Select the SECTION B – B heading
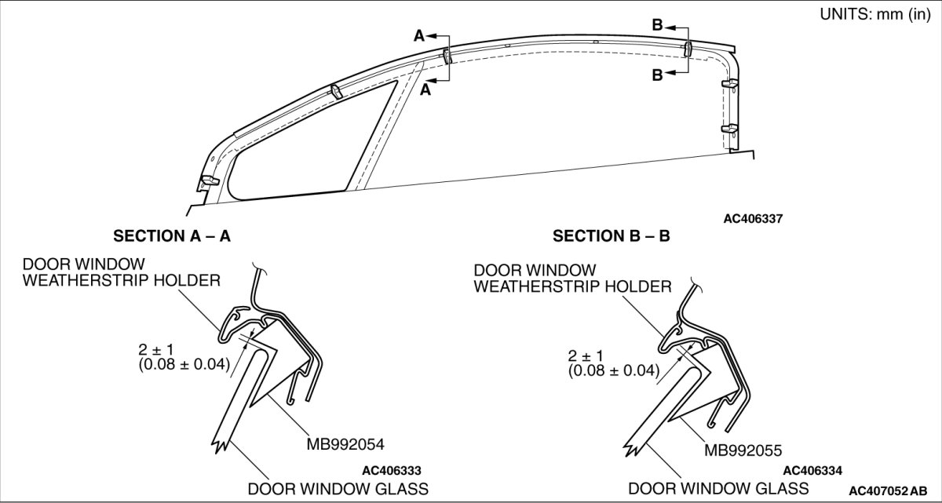(611, 235)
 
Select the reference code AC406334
(812, 471)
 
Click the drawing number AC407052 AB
(892, 490)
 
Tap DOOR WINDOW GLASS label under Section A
(338, 489)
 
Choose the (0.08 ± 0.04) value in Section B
(615, 370)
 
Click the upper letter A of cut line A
(419, 35)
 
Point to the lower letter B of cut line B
(657, 75)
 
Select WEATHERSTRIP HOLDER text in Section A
(121, 280)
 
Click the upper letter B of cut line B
(657, 25)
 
